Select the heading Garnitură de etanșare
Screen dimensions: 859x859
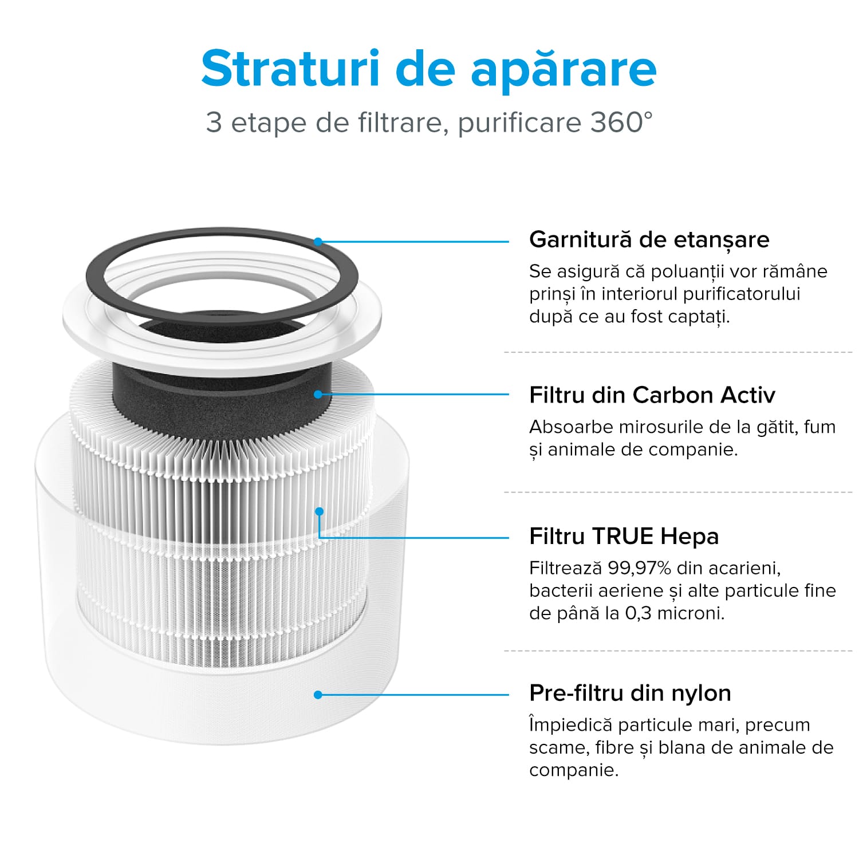click(x=649, y=239)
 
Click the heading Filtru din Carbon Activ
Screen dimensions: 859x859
click(x=652, y=395)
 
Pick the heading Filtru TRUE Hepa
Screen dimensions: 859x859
click(x=624, y=537)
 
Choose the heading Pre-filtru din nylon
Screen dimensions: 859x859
click(x=630, y=693)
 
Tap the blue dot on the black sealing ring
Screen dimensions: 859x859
click(x=318, y=242)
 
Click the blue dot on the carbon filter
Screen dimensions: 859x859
click(x=318, y=395)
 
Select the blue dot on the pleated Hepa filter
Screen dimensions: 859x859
click(x=320, y=511)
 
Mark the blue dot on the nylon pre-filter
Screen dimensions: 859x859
click(x=318, y=695)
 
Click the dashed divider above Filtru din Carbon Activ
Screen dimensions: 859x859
click(x=678, y=352)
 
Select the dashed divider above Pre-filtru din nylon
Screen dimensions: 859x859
click(x=678, y=651)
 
